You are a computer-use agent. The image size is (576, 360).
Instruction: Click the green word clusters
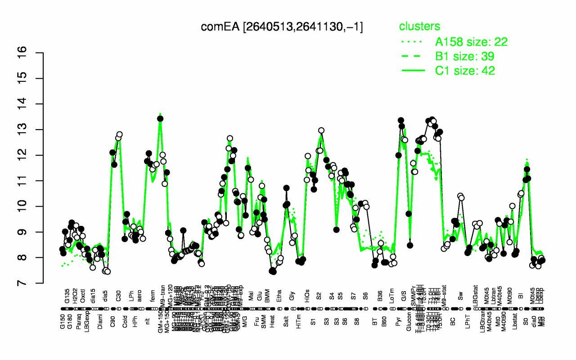tap(419, 26)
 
